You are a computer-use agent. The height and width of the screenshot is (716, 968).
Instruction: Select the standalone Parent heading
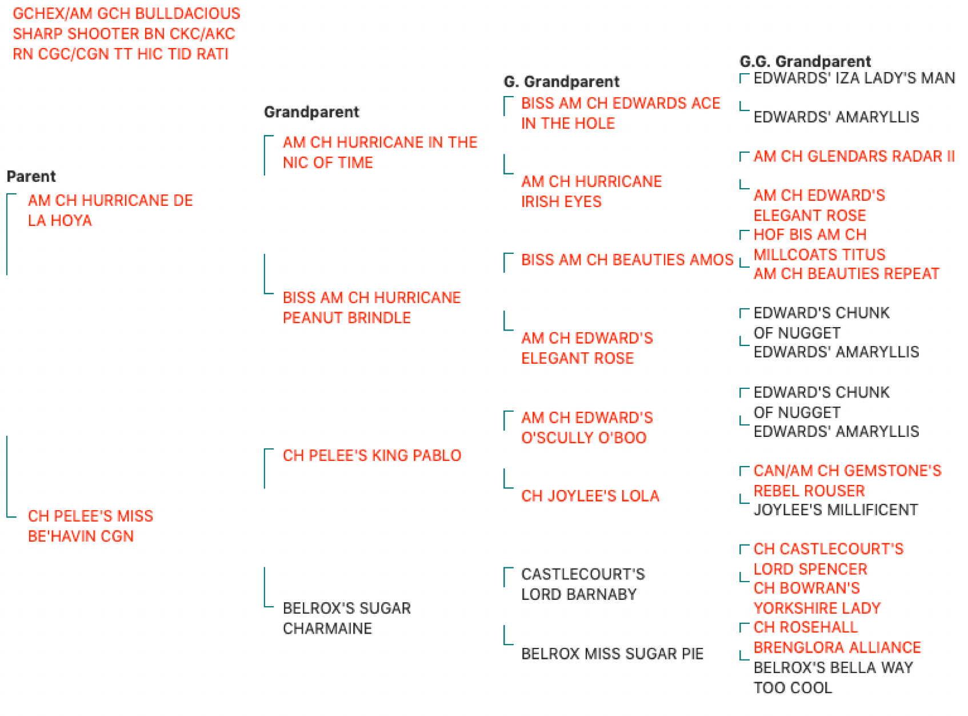31,176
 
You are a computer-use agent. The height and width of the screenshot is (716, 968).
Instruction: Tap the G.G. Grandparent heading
805,61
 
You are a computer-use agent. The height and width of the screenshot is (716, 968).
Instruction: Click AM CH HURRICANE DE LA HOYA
110,210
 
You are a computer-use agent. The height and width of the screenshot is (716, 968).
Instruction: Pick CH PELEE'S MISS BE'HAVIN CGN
90,526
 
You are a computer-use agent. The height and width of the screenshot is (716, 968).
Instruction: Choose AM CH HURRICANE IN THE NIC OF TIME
379,152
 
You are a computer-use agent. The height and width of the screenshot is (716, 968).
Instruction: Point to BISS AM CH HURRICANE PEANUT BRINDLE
371,307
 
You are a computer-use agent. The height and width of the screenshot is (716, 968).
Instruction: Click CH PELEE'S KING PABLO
371,455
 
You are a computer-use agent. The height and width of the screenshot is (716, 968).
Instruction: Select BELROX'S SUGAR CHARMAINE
346,618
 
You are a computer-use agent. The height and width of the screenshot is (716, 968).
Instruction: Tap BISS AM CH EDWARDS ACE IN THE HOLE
620,113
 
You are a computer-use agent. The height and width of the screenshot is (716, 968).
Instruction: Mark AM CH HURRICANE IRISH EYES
591,192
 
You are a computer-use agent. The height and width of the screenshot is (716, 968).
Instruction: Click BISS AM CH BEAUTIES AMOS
627,260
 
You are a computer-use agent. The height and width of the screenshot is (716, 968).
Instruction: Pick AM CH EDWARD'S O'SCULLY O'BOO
586,427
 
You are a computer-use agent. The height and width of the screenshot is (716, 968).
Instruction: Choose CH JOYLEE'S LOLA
590,496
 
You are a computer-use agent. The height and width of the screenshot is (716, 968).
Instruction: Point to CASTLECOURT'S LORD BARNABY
583,584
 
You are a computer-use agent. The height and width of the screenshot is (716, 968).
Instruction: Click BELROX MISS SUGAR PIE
612,654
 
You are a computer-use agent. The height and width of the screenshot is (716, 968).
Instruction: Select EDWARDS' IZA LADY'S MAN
854,78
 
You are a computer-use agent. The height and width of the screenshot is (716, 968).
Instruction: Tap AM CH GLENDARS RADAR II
854,156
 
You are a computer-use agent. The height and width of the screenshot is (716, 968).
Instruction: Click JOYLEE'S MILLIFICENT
835,510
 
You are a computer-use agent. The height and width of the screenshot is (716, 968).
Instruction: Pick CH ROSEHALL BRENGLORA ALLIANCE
837,637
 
